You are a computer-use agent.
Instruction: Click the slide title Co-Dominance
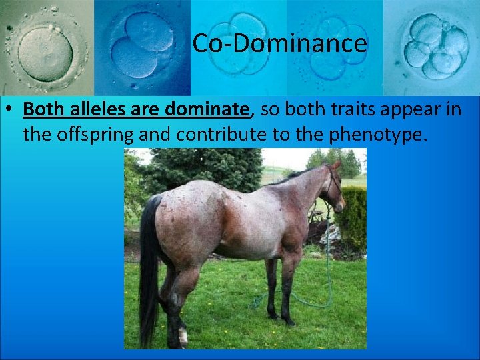tap(279, 44)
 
